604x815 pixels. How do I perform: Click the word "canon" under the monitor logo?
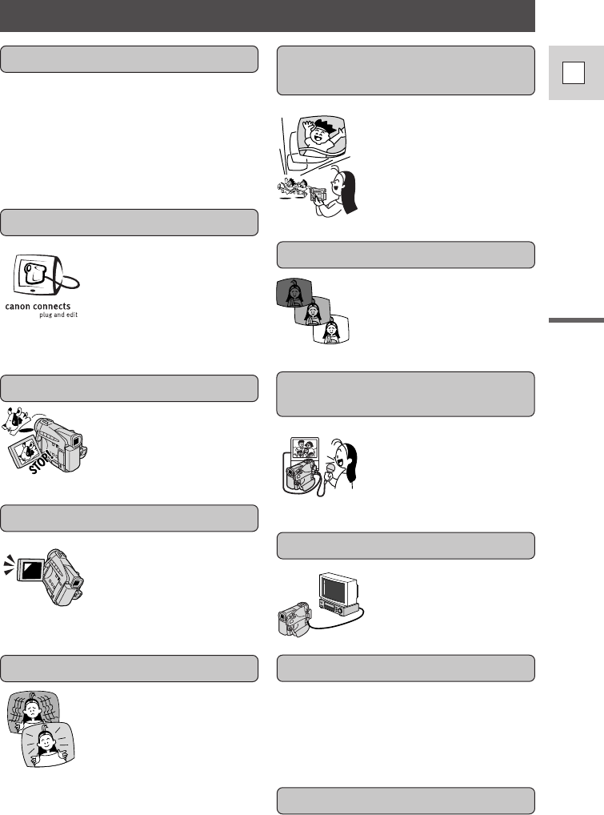pos(21,305)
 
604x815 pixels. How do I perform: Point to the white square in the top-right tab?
pos(570,74)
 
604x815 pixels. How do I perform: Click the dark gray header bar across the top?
pos(267,15)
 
